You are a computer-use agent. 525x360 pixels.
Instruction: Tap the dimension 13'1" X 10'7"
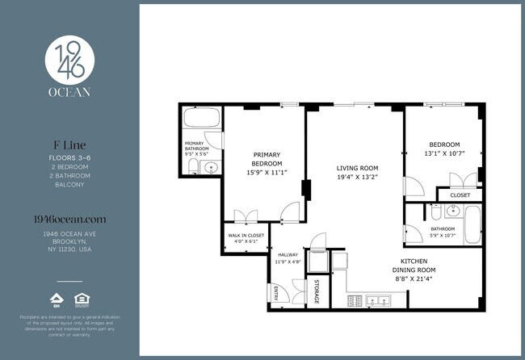click(x=444, y=153)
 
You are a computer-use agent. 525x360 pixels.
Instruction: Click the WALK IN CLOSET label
click(x=242, y=235)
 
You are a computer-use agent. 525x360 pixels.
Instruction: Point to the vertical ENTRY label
click(x=275, y=292)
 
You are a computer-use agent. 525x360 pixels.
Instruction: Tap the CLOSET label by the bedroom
click(x=460, y=195)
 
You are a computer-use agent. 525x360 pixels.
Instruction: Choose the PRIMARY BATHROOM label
click(x=197, y=146)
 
